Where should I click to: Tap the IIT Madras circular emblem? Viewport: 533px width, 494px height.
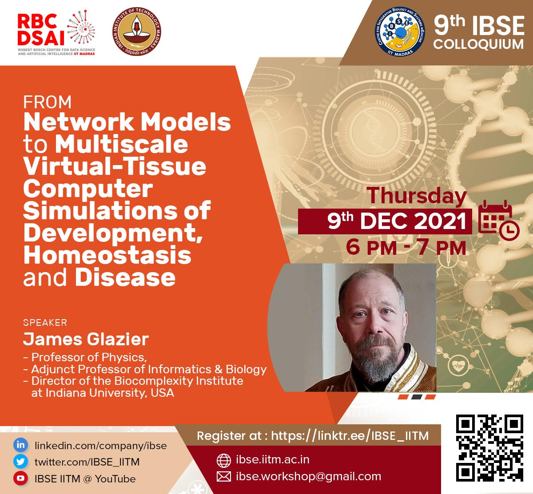click(x=137, y=32)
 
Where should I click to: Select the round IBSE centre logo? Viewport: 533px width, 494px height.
click(x=400, y=32)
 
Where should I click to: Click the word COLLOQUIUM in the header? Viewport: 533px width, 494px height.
click(x=478, y=44)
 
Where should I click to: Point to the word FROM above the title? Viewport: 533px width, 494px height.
click(x=47, y=102)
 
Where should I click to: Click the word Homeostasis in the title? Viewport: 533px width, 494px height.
click(x=107, y=255)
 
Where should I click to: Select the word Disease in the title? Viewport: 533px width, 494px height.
click(x=125, y=277)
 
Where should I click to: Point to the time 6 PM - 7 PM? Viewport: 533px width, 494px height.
click(x=406, y=248)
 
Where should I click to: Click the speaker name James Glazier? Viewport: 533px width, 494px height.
click(x=86, y=339)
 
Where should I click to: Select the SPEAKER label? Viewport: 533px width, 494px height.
click(x=45, y=323)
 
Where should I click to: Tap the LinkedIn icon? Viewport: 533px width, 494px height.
click(x=20, y=445)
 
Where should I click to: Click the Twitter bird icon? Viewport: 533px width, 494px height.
click(x=20, y=462)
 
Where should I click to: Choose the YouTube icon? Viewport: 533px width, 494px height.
click(x=20, y=478)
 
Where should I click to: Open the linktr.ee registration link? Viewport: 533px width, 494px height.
click(x=350, y=436)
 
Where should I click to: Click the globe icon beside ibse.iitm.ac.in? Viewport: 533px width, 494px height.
click(x=223, y=460)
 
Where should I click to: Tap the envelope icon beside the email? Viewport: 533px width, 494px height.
click(x=223, y=477)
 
